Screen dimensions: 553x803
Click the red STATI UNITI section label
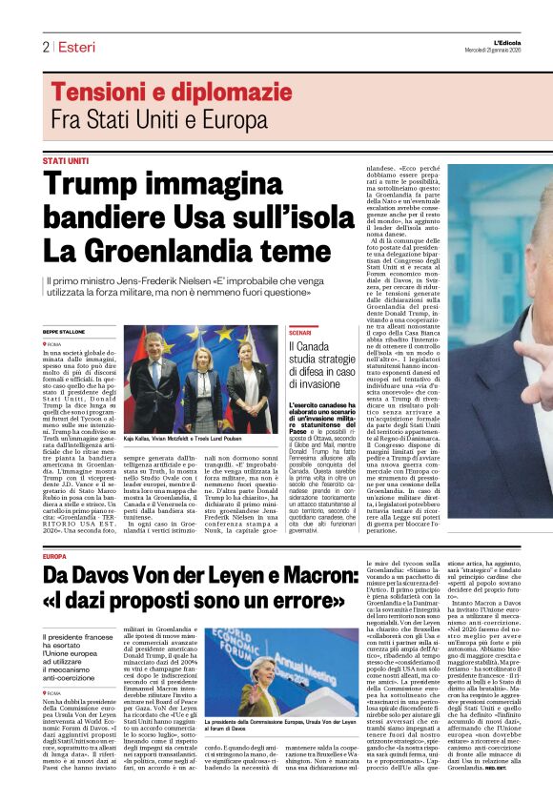click(x=65, y=160)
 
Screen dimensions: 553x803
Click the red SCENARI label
click(x=300, y=332)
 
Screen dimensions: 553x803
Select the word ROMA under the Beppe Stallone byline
click(x=54, y=343)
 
